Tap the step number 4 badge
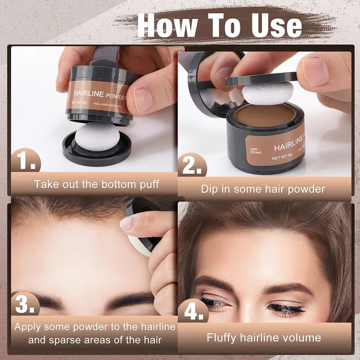193,312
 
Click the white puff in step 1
97,136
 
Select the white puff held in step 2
267,93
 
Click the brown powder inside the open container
265,115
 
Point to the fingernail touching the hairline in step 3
127,223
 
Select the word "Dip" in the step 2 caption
210,189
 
